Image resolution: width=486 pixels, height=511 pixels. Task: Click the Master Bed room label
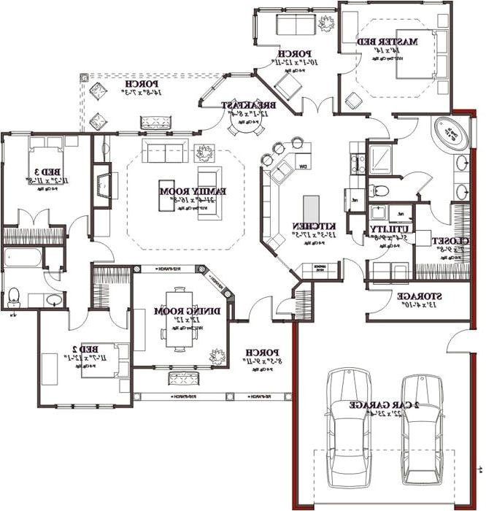click(x=387, y=42)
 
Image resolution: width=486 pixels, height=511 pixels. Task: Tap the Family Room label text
click(x=193, y=191)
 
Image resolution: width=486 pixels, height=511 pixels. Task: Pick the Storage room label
click(x=420, y=297)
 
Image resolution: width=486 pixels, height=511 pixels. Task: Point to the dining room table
click(x=179, y=328)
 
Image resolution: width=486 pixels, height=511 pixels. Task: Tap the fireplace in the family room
click(x=107, y=185)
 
